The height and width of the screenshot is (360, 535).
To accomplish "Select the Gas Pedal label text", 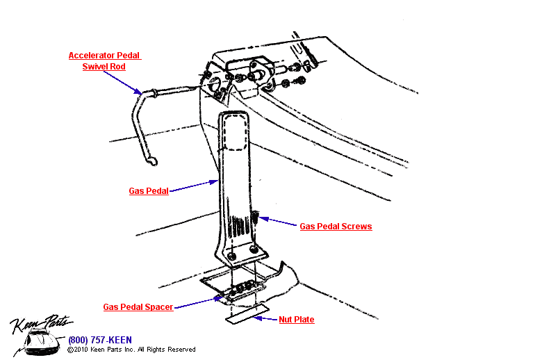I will click(149, 191).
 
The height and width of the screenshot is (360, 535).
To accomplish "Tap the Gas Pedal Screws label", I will click(336, 227).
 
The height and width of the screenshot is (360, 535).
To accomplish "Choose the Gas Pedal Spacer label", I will click(138, 306).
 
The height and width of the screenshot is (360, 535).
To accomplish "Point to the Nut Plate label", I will click(297, 320).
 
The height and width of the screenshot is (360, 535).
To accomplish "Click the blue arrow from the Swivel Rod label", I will click(125, 81).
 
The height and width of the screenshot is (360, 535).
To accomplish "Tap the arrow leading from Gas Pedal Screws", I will click(278, 222).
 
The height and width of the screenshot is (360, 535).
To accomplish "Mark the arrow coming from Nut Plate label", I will click(265, 319).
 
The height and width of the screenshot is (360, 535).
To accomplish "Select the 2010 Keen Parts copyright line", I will click(131, 350).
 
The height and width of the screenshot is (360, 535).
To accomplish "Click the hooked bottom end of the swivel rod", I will click(152, 162).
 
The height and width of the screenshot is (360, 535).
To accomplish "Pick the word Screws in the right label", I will click(358, 227).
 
